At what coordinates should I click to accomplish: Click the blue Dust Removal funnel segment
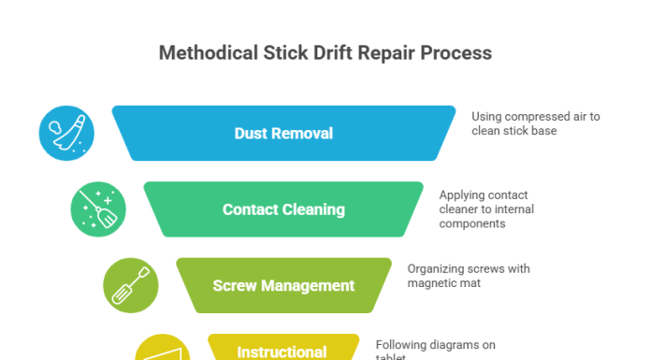[x=283, y=133]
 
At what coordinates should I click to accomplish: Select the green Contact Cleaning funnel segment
[x=283, y=209]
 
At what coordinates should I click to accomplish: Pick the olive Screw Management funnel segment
[x=283, y=285]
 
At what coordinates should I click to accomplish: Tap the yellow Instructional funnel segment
[x=282, y=348]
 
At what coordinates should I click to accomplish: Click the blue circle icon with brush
[x=66, y=133]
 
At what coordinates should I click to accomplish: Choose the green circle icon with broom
[x=98, y=209]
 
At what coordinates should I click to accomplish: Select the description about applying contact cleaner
[x=486, y=209]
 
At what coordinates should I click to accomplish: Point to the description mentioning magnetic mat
[x=469, y=275]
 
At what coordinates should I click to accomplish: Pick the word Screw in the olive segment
[x=234, y=285]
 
